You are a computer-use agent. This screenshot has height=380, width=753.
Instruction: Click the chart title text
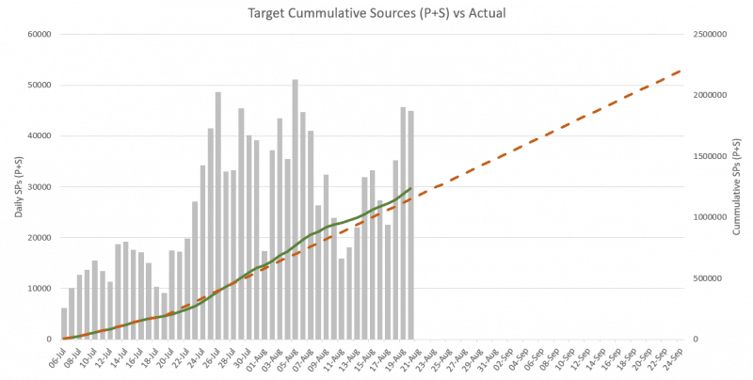coord(376,14)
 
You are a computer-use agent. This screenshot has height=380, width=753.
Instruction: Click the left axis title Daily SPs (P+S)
coord(18,185)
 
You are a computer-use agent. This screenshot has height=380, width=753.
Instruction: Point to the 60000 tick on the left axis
coord(38,35)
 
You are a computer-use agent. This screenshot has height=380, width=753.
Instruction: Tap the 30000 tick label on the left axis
coord(38,187)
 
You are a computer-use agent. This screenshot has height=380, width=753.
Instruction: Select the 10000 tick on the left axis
coord(38,289)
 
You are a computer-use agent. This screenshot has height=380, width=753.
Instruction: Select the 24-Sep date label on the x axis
coord(675,356)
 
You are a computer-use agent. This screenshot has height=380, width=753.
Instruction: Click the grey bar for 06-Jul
coord(64,324)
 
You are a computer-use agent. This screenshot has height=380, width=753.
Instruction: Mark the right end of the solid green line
coord(411,188)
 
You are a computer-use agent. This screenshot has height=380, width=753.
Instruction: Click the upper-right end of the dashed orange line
coord(681,70)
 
